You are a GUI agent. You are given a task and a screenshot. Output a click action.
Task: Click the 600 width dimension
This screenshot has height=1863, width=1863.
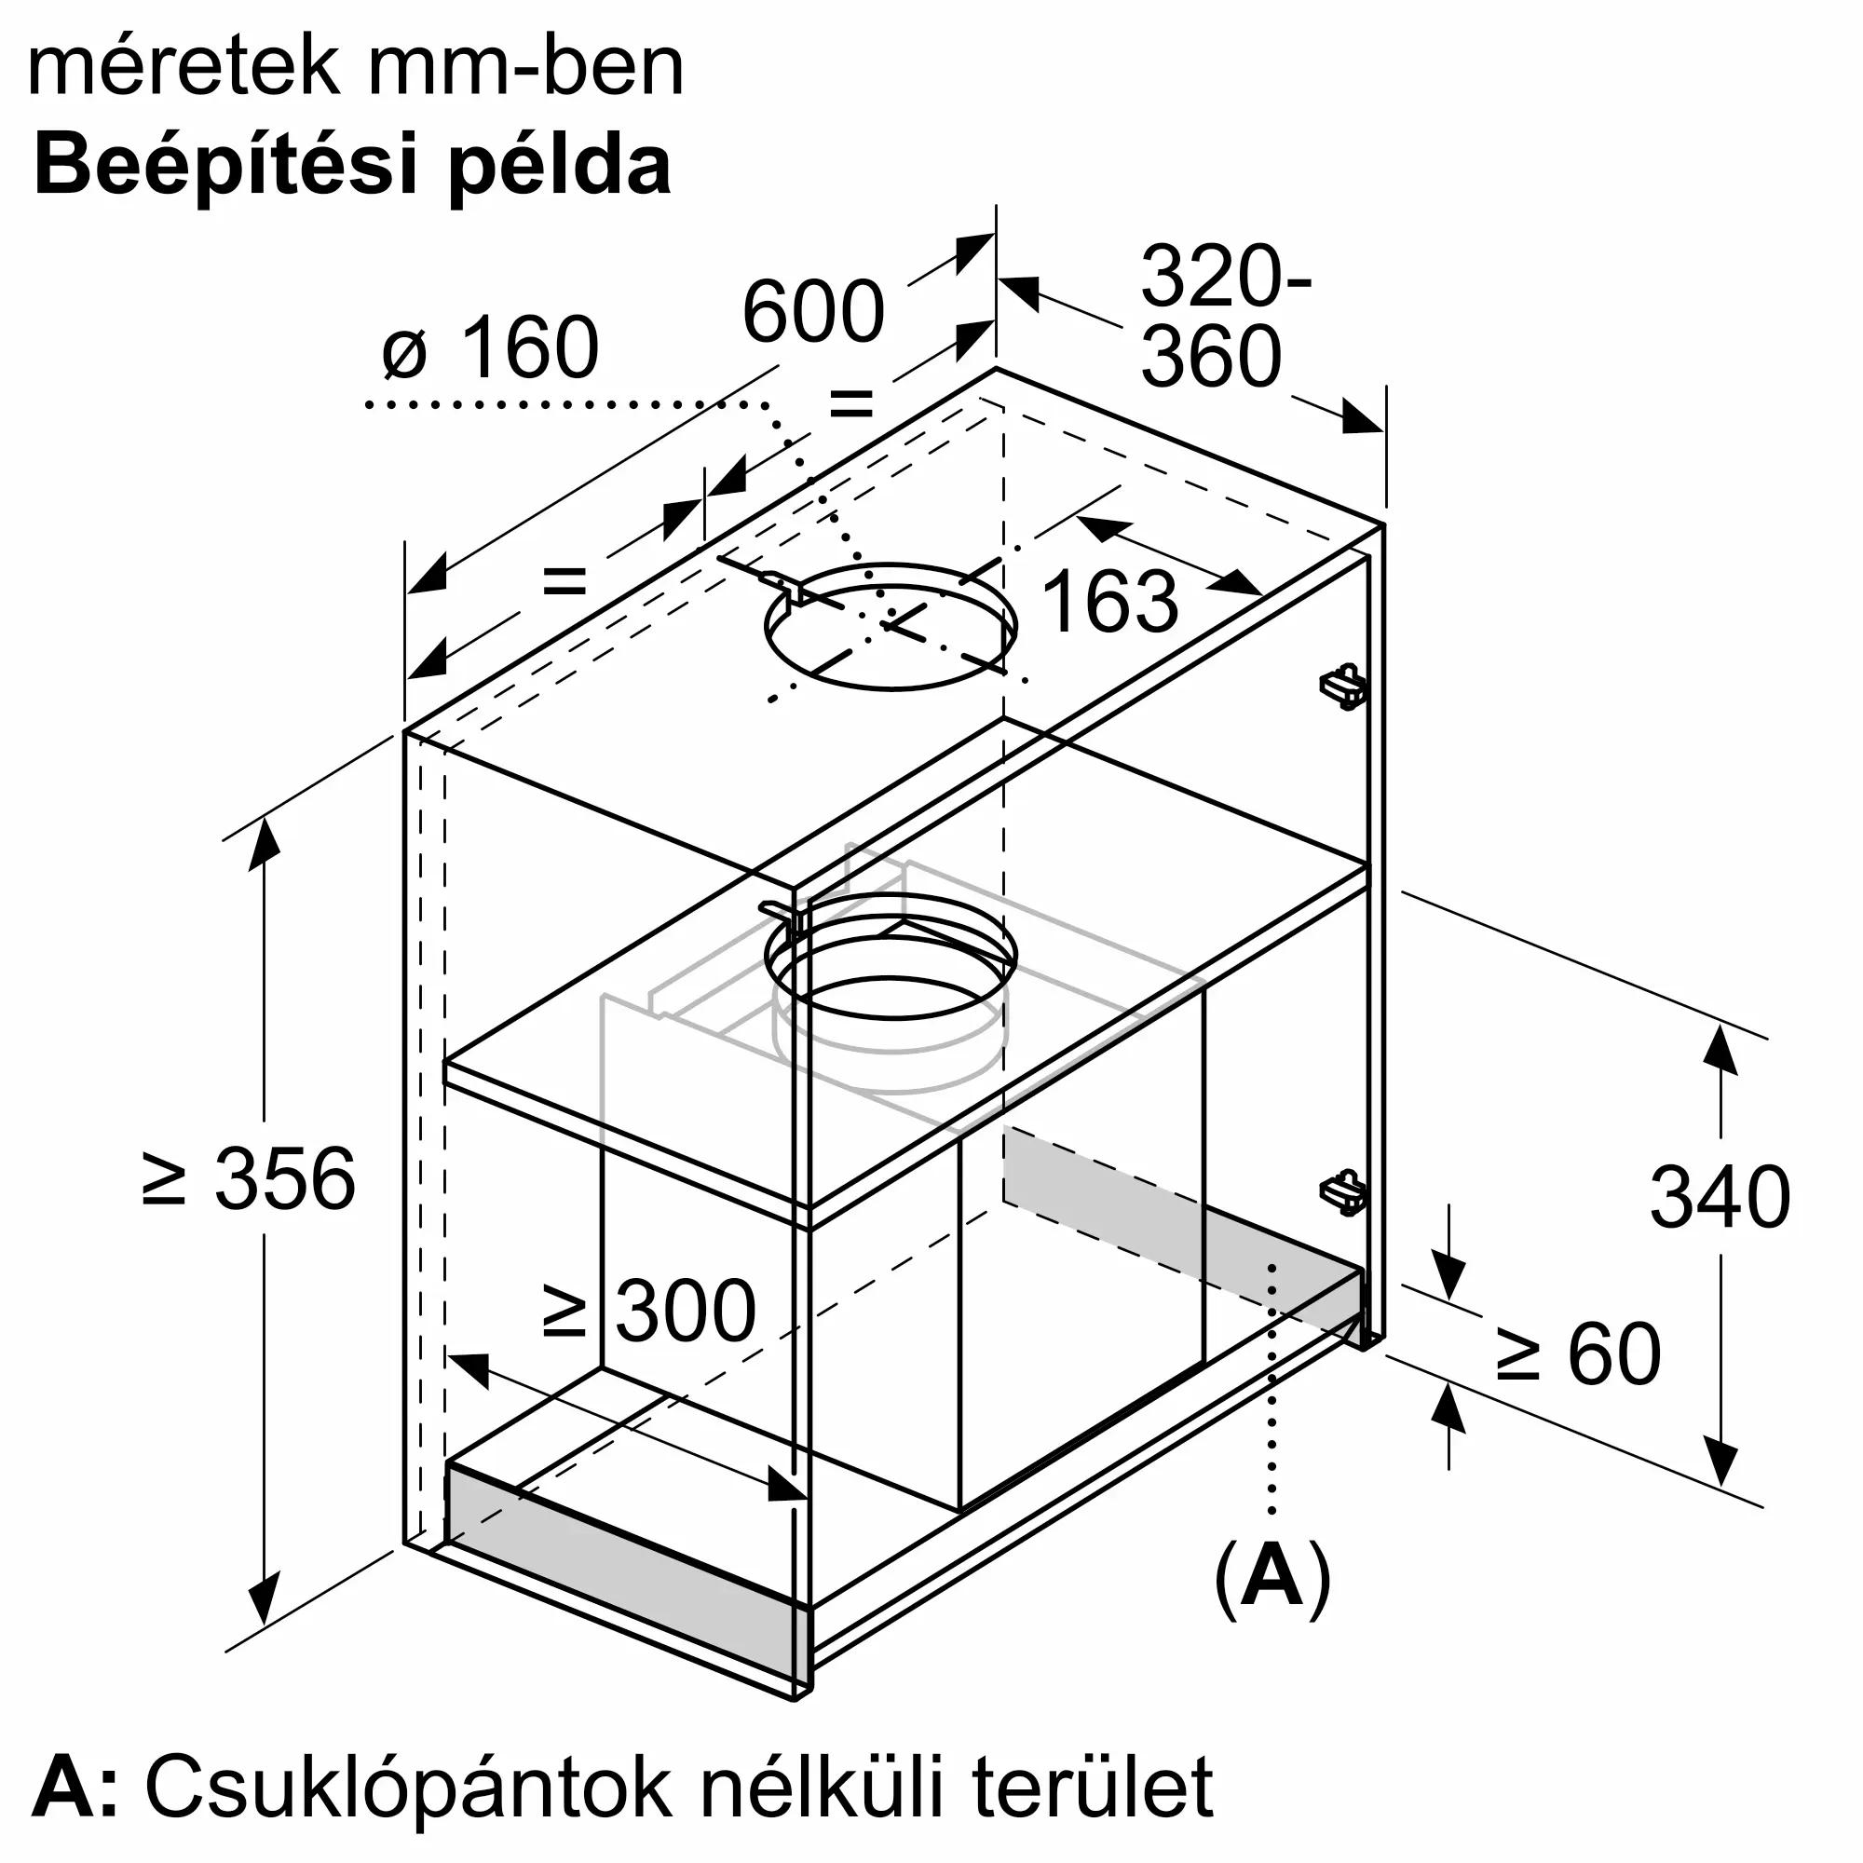(812, 311)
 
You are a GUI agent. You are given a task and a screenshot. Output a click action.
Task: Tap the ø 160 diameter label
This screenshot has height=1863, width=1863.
(491, 348)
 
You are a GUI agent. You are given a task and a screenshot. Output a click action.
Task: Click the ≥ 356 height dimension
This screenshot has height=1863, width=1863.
(249, 1178)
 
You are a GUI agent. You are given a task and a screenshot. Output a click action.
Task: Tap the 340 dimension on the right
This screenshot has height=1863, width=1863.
(1720, 1197)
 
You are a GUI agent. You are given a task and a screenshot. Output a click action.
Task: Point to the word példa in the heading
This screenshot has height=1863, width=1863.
(560, 166)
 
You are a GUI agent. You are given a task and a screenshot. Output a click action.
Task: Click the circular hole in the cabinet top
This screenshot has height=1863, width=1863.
(890, 627)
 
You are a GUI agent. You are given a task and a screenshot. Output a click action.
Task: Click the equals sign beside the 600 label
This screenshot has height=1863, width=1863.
(851, 403)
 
